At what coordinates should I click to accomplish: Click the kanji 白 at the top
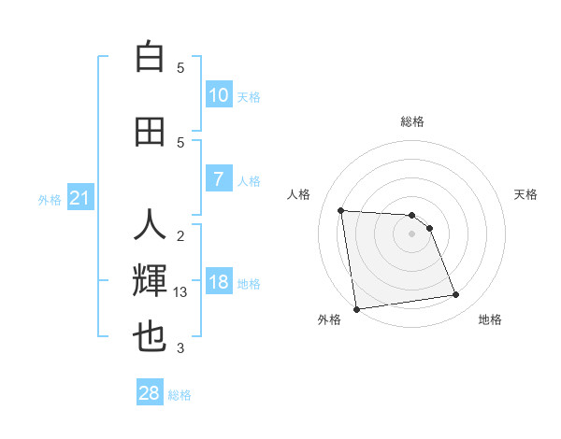pos(150,57)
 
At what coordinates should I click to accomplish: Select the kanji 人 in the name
pos(150,226)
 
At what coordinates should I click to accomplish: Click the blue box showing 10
pos(218,95)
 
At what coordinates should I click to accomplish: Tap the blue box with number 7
pos(218,179)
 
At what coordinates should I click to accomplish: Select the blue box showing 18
pos(218,282)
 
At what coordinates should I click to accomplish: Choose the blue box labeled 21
pos(80,198)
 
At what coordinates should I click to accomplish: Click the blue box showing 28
pos(150,393)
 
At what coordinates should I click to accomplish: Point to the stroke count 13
pos(180,292)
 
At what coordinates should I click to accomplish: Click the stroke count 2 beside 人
pos(180,235)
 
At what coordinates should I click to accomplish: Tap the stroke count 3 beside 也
pos(180,348)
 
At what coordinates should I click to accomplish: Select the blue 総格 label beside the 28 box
pos(180,395)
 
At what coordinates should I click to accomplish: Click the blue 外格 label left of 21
pos(50,199)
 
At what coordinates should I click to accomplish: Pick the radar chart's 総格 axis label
pos(411,121)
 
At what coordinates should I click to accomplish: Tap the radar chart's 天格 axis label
pos(525,194)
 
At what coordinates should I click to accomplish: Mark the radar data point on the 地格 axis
pos(455,295)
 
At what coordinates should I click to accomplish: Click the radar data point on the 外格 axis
pos(356,308)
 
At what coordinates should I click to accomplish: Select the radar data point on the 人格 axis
pos(341,210)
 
